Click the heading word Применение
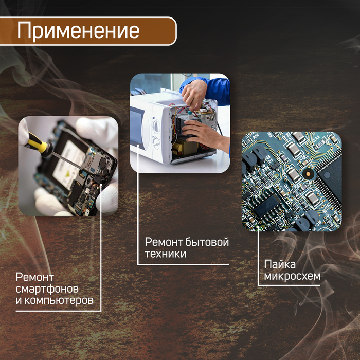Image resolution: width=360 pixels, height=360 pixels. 78,30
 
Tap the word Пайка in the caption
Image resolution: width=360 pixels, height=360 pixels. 280,265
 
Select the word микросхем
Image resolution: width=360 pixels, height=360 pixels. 292,277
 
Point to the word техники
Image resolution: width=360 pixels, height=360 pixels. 165,254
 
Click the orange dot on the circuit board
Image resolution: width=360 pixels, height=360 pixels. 308,175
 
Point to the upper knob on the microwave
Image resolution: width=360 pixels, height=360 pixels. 156,125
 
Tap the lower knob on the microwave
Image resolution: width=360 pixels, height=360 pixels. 156,142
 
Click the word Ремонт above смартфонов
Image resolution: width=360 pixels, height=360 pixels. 35,277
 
